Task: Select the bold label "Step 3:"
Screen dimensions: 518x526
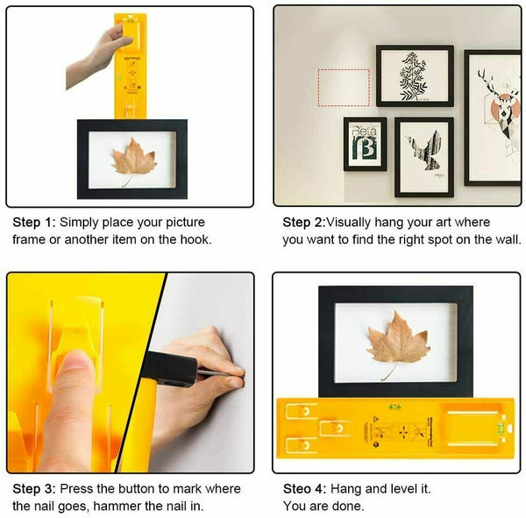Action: click(x=32, y=489)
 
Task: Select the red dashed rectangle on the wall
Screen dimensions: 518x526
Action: click(x=343, y=88)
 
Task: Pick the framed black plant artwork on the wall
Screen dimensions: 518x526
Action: click(x=414, y=76)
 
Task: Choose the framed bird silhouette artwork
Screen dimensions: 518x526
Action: click(x=423, y=157)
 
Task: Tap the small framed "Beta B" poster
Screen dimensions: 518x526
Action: click(x=364, y=144)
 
